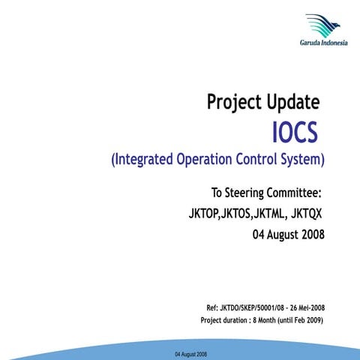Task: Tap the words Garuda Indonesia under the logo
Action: pyautogui.click(x=323, y=43)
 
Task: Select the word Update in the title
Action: pyautogui.click(x=295, y=102)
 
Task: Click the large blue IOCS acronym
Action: pyautogui.click(x=295, y=133)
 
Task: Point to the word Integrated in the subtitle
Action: pyautogui.click(x=146, y=160)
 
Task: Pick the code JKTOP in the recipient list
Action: pyautogui.click(x=204, y=215)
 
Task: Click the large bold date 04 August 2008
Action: pyautogui.click(x=289, y=235)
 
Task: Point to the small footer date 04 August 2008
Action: pyautogui.click(x=191, y=353)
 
